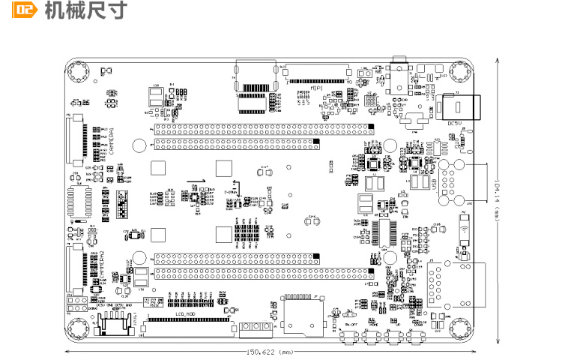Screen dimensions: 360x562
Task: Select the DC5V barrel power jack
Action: click(x=459, y=104)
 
